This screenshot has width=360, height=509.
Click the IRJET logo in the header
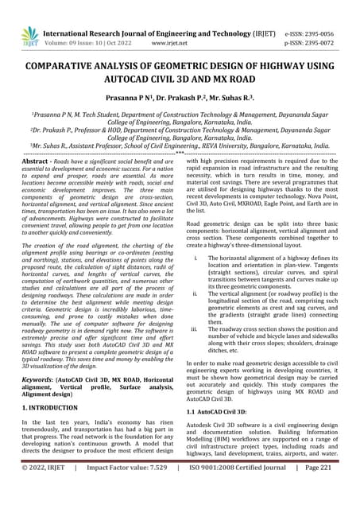coord(29,36)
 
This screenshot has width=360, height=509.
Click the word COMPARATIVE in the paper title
coord(75,69)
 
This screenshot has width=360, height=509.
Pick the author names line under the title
coord(180,99)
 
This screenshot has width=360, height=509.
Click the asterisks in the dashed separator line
coord(180,151)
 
